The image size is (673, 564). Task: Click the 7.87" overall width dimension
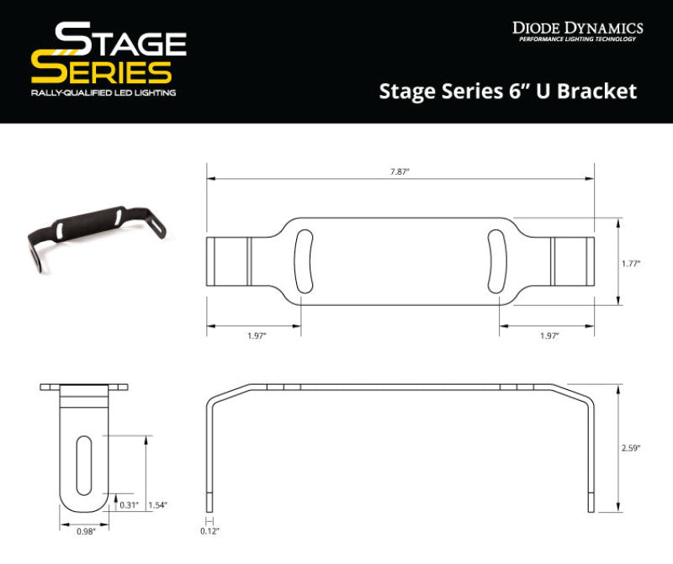[x=400, y=171]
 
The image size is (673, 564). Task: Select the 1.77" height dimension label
[x=631, y=263]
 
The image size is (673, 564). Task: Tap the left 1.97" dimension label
[x=257, y=335]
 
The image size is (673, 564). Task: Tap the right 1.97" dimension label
[x=548, y=335]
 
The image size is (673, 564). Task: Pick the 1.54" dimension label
[x=157, y=504]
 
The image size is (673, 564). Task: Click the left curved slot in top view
[x=303, y=261]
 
